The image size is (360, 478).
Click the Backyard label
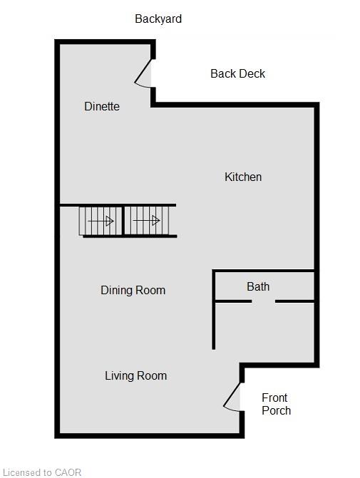coord(158,19)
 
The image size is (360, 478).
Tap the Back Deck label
coord(237,74)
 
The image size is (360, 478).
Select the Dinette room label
coord(102,106)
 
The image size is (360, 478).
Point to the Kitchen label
coord(243,177)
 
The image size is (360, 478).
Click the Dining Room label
coord(133,290)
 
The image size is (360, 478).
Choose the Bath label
coord(258,286)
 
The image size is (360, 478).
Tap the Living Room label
coord(135,376)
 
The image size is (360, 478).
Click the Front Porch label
coord(276,404)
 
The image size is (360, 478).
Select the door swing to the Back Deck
coord(142,73)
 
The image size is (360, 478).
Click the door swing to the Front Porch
coord(231,397)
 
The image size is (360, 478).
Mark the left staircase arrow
coord(101,221)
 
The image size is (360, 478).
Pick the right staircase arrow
coord(146,220)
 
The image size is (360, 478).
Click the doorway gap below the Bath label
coord(263,301)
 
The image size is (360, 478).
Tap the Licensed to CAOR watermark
coord(42,472)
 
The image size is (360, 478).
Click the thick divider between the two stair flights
coord(123,221)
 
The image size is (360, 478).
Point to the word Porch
coord(276,410)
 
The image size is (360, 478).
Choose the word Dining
coord(116,290)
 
